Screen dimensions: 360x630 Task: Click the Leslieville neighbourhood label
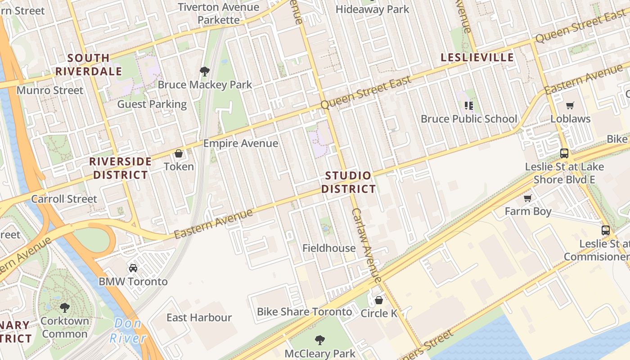pos(477,57)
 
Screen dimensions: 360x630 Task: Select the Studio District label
pos(348,182)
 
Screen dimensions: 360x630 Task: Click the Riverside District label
pos(120,168)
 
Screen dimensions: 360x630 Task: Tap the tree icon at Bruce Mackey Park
pos(205,71)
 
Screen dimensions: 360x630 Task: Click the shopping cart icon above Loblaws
pos(570,106)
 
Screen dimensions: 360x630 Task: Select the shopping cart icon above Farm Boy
pos(528,198)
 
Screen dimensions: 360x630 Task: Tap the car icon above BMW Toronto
pos(133,268)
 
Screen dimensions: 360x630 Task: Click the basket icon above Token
pos(179,154)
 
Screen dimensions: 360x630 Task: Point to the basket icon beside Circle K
pos(379,300)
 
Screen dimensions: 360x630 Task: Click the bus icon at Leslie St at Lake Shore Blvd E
pos(564,153)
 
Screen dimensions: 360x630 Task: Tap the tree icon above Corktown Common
pos(65,308)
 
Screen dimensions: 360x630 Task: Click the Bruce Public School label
pos(469,119)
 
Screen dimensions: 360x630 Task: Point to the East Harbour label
pos(199,317)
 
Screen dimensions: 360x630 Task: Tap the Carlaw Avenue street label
pos(367,243)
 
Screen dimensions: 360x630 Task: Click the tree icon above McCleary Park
pos(320,340)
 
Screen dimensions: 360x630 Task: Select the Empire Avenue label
pos(240,143)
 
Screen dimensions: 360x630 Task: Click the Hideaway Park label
pos(372,9)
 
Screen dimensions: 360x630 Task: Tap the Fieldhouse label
pos(328,248)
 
